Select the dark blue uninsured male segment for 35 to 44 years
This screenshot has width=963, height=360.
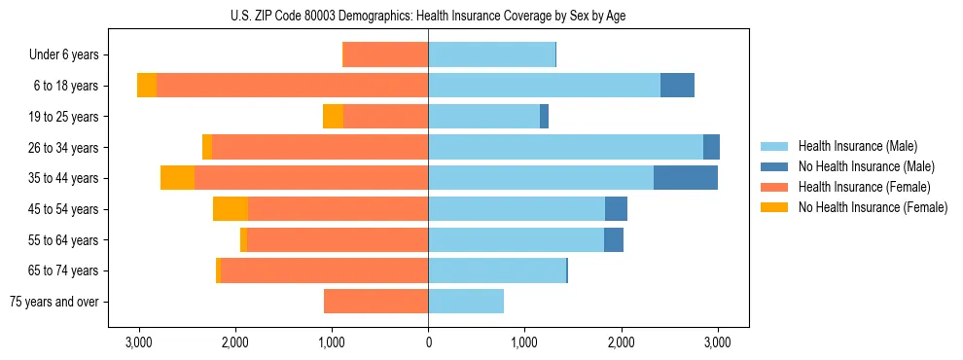[686, 178]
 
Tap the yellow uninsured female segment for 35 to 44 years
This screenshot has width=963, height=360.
[177, 178]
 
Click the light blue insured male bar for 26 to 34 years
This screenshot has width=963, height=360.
[565, 147]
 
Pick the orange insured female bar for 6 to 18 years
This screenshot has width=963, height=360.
[292, 86]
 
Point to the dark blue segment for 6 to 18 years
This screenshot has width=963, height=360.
[677, 86]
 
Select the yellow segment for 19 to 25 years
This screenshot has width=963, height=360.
[333, 117]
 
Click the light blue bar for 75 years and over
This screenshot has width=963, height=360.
[466, 302]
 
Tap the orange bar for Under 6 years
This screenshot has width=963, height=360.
[385, 55]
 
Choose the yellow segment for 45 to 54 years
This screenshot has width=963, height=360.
[231, 209]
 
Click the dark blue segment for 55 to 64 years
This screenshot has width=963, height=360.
[614, 240]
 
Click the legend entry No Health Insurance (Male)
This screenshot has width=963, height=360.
[866, 166]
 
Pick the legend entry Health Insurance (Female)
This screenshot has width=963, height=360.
[864, 187]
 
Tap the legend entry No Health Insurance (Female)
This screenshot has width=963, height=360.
[872, 207]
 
